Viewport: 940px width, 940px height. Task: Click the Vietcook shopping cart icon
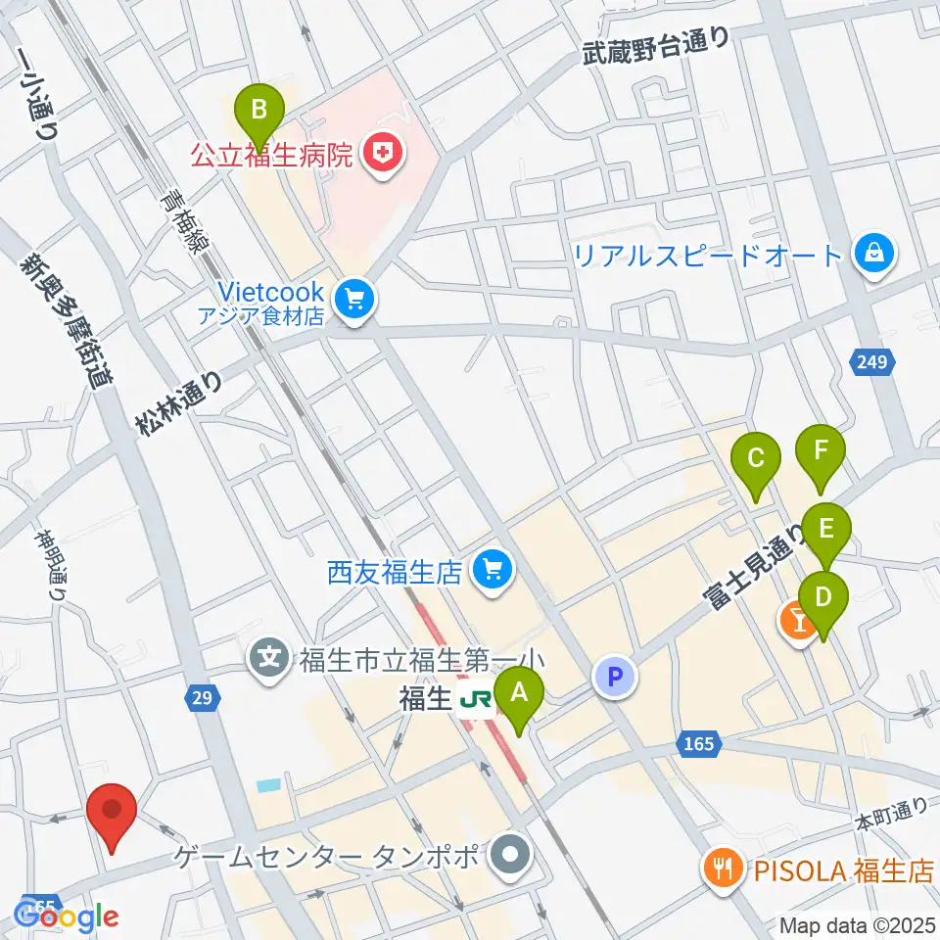click(x=353, y=301)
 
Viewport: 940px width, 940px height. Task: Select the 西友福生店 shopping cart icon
click(x=491, y=571)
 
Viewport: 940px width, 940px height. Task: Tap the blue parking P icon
click(x=616, y=677)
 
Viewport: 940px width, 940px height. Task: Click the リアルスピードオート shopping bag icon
click(x=869, y=256)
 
